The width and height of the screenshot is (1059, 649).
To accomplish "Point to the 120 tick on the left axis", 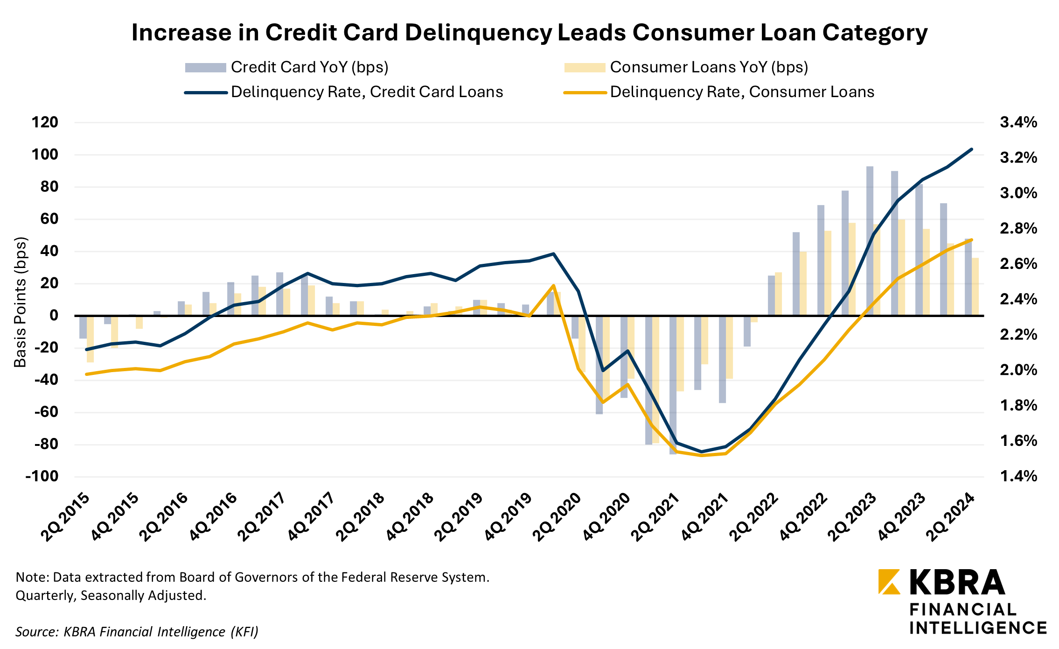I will tap(45, 122).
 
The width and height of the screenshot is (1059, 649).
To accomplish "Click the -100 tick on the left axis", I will tap(42, 477).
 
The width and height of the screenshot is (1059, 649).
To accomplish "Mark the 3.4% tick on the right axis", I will tap(1018, 122).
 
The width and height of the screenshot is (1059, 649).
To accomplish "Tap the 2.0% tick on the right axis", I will tap(1018, 370).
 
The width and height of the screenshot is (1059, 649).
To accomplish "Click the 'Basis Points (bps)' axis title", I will tap(20, 303).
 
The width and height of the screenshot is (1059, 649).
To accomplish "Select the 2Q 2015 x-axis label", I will tap(65, 517).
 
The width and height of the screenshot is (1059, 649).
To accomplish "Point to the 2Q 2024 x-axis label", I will tap(951, 517).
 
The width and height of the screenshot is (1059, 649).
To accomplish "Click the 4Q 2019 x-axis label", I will tap(509, 517).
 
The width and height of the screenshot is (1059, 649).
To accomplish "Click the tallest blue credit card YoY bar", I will tap(870, 240).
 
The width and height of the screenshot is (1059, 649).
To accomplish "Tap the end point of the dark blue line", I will tap(971, 149).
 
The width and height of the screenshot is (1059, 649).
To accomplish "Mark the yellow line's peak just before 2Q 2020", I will tap(553, 285).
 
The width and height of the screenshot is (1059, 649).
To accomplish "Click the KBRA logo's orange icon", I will tap(889, 582).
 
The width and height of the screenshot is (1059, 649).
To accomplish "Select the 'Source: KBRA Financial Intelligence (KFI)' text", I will tap(137, 632).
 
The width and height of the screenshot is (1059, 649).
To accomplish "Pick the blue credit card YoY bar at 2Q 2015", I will tap(83, 327).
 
